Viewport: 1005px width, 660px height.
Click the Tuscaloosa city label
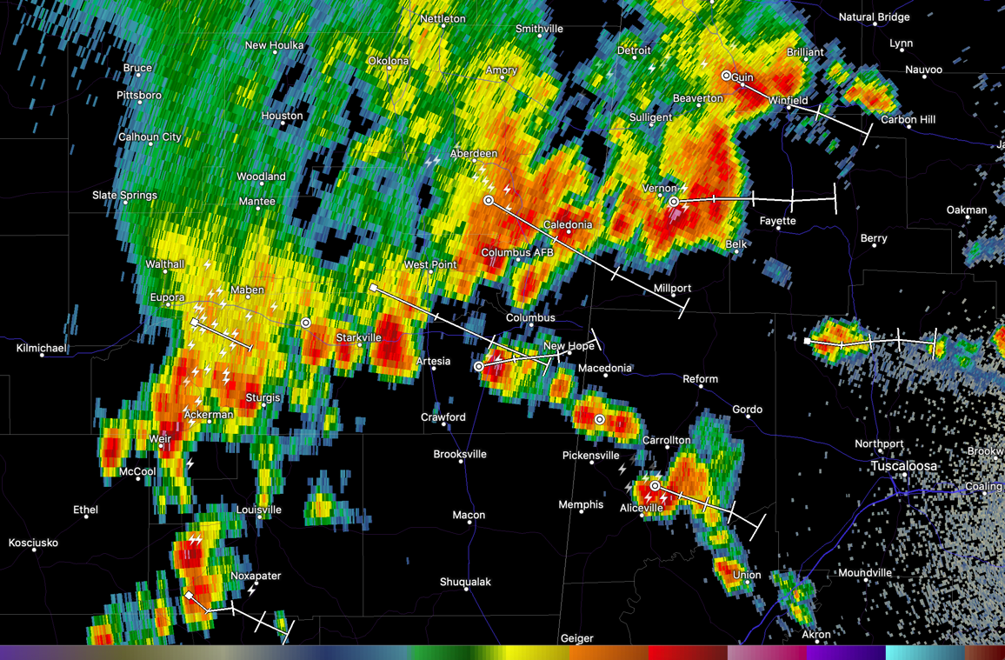click(x=904, y=466)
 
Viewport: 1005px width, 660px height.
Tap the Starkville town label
click(x=359, y=337)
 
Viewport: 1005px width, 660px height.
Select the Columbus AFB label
click(x=517, y=253)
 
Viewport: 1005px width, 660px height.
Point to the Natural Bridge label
click(x=874, y=17)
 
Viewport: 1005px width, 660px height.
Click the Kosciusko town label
click(x=33, y=543)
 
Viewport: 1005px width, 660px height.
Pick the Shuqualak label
click(x=465, y=582)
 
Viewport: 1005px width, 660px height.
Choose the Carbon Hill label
click(x=908, y=120)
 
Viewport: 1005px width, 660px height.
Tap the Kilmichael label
click(x=42, y=348)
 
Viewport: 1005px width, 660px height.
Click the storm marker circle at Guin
click(x=727, y=76)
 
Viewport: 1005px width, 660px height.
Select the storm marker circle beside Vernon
click(x=674, y=202)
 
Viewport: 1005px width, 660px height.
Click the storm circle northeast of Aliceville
click(x=655, y=486)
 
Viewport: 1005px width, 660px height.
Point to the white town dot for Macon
click(x=469, y=525)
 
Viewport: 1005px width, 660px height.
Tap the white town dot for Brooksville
click(x=460, y=463)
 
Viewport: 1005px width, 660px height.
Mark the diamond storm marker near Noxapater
click(x=189, y=595)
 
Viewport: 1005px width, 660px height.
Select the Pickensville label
click(x=590, y=455)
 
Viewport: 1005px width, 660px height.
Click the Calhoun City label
click(x=150, y=137)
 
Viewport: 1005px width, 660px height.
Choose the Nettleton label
click(x=443, y=19)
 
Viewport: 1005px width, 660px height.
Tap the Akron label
click(x=815, y=635)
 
